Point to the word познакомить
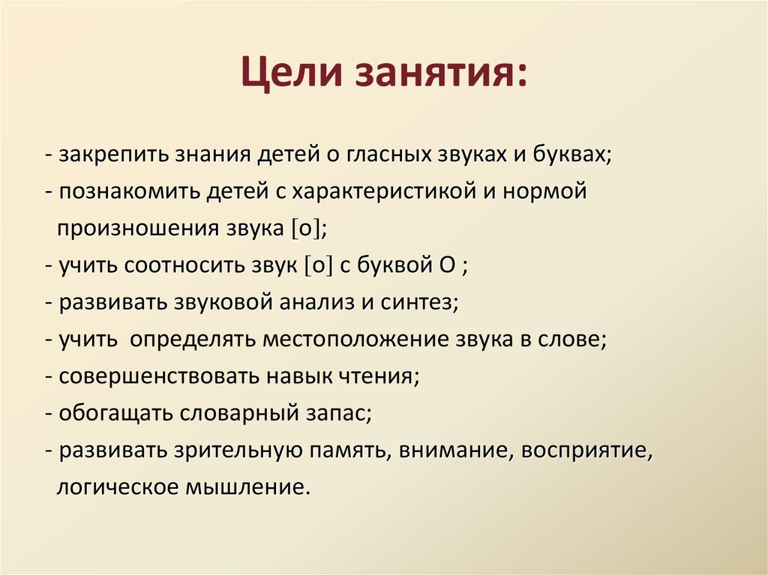[x=129, y=192]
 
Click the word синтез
[x=421, y=304]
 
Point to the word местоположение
[x=355, y=340]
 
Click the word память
[x=349, y=451]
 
